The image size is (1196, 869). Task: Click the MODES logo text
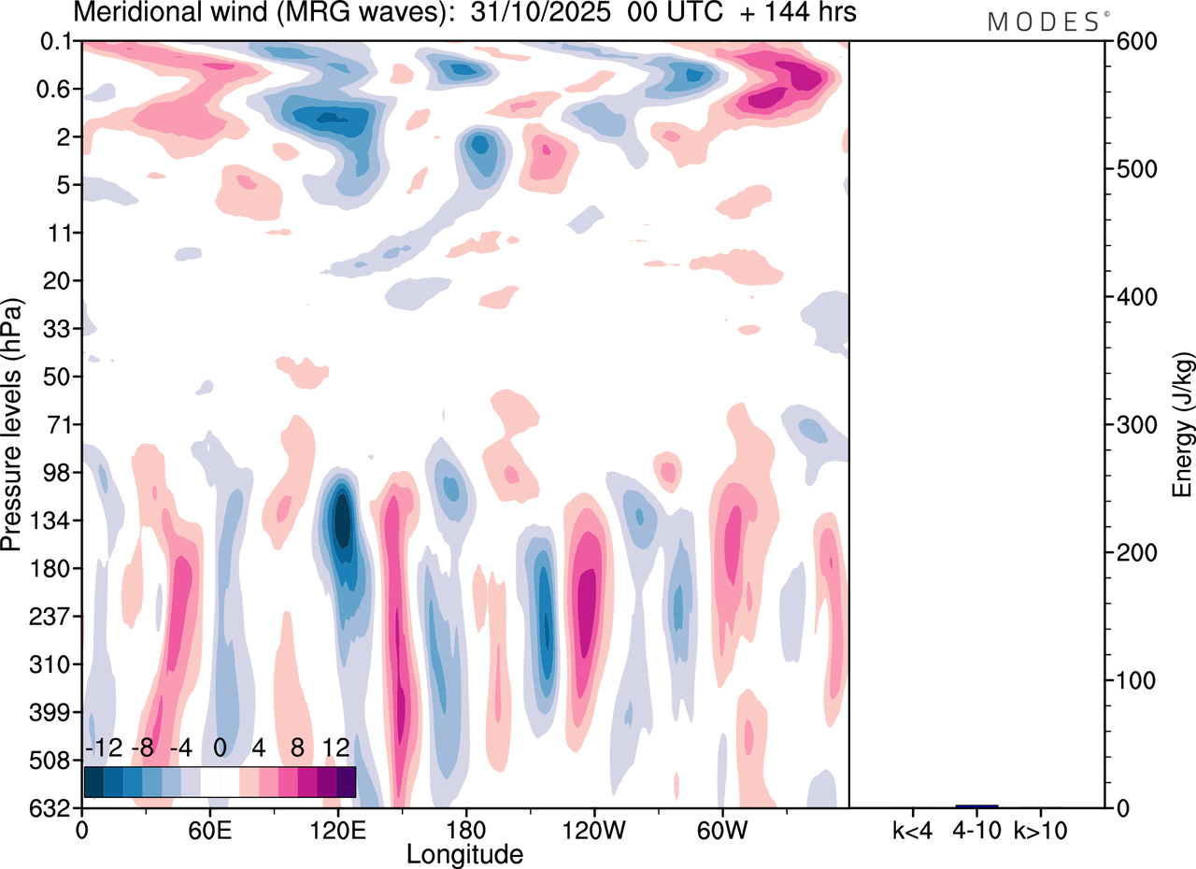(x=1044, y=22)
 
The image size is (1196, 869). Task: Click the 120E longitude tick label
(x=337, y=831)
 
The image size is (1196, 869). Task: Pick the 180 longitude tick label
(x=465, y=831)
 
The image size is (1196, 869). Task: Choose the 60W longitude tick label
(x=721, y=831)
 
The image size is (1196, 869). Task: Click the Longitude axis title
(x=464, y=854)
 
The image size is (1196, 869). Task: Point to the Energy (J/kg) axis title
(x=1184, y=425)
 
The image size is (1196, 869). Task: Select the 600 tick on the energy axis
(x=1132, y=42)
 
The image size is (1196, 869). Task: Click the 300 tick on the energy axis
(x=1132, y=425)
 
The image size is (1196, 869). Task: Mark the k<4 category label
(x=912, y=831)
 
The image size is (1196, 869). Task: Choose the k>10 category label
(x=1042, y=831)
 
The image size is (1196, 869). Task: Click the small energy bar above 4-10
(x=976, y=805)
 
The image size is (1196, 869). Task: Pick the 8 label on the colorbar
(x=297, y=749)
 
